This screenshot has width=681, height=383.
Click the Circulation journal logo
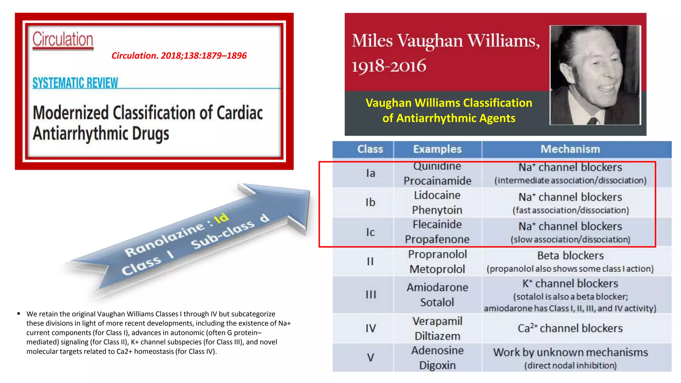click(63, 40)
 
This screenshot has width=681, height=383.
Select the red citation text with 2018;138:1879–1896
click(179, 56)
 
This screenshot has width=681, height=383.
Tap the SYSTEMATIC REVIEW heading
click(75, 83)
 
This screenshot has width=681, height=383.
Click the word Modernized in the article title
click(70, 113)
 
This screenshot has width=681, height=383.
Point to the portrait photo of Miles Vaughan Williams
click(595, 75)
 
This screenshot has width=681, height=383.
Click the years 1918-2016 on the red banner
click(389, 65)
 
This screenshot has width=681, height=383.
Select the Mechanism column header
click(570, 149)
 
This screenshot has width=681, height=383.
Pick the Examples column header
click(437, 149)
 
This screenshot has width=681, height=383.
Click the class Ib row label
click(370, 202)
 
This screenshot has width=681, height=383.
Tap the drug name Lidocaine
click(437, 195)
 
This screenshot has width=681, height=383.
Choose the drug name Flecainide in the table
click(437, 224)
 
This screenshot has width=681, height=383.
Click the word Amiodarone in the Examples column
click(437, 287)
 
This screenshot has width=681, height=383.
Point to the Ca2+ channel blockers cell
click(570, 328)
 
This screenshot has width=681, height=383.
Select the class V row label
click(370, 357)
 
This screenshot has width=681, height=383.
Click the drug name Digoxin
click(437, 365)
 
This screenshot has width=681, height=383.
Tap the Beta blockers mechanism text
click(570, 255)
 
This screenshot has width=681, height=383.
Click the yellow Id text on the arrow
click(221, 218)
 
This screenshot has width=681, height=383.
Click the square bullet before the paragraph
click(19, 314)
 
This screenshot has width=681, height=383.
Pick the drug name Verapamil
click(437, 321)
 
